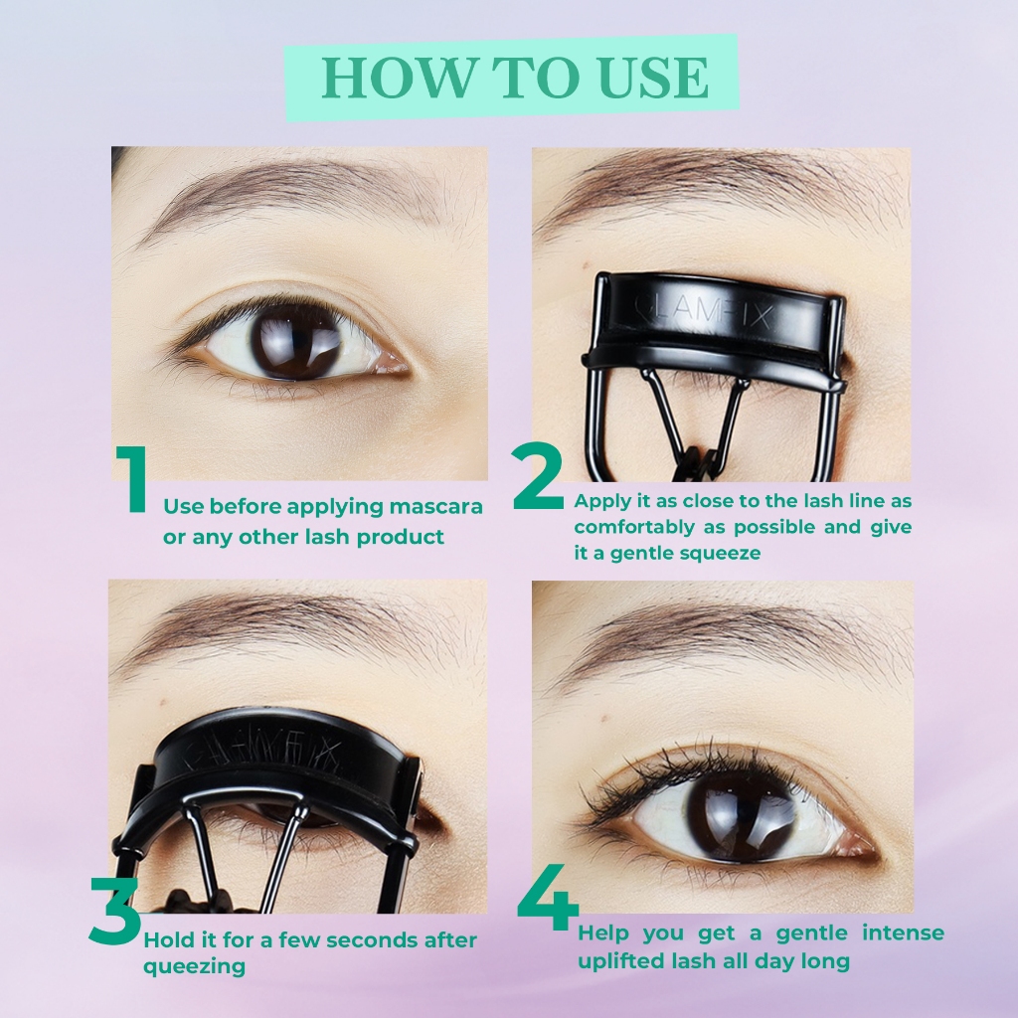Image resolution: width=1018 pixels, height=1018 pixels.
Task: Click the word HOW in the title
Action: pos(397,78)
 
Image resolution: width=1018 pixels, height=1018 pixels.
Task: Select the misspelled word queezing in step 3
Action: pos(194,966)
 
